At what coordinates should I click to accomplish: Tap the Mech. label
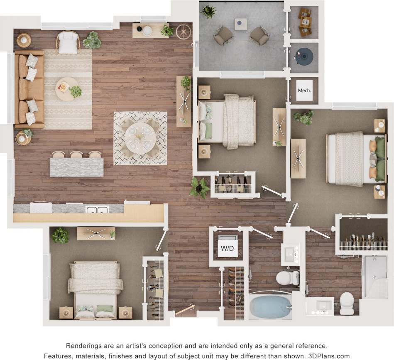click(x=304, y=90)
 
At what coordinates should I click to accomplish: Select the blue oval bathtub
click(x=269, y=306)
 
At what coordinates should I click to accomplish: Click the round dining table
click(x=140, y=138)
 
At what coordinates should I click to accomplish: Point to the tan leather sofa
click(x=29, y=89)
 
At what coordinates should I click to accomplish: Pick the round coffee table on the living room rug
click(x=66, y=88)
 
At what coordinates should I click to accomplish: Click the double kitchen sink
click(x=96, y=209)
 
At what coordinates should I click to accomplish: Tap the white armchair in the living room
click(x=69, y=42)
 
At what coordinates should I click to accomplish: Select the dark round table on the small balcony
click(x=305, y=56)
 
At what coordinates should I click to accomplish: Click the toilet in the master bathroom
click(x=346, y=304)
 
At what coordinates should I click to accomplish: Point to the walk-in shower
click(x=374, y=277)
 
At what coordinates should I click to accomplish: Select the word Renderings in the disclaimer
click(x=85, y=345)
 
